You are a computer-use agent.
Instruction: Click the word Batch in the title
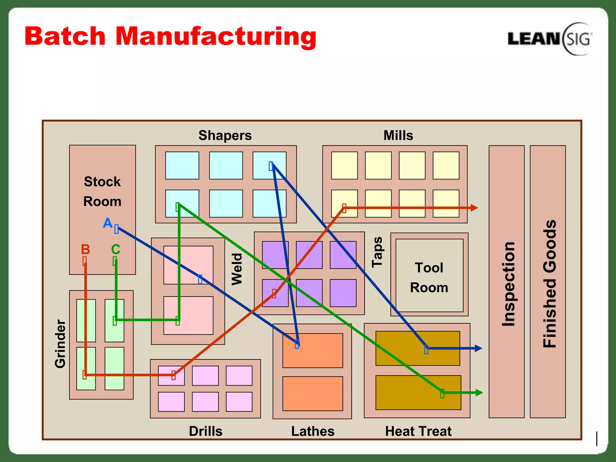[65, 36]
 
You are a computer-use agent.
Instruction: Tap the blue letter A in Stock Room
[107, 223]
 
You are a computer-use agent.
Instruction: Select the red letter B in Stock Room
[85, 249]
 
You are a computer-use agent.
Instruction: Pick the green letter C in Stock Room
[115, 249]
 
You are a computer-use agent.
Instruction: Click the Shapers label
[225, 135]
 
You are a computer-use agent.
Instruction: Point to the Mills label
[398, 135]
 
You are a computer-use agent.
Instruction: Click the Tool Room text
[429, 277]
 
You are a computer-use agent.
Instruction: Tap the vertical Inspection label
[508, 284]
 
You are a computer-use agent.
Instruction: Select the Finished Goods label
[550, 284]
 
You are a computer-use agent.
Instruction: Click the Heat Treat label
[418, 431]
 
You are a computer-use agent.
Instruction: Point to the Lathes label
[313, 431]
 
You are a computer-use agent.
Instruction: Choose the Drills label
[206, 431]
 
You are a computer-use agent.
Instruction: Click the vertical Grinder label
[60, 343]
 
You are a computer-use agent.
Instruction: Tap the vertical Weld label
[237, 269]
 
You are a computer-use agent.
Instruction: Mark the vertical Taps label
[377, 252]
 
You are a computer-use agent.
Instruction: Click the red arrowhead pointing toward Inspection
[474, 208]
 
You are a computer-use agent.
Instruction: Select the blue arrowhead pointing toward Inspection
[478, 348]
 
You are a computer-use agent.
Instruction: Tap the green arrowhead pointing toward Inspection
[479, 393]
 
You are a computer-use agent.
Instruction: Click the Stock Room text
[102, 191]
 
